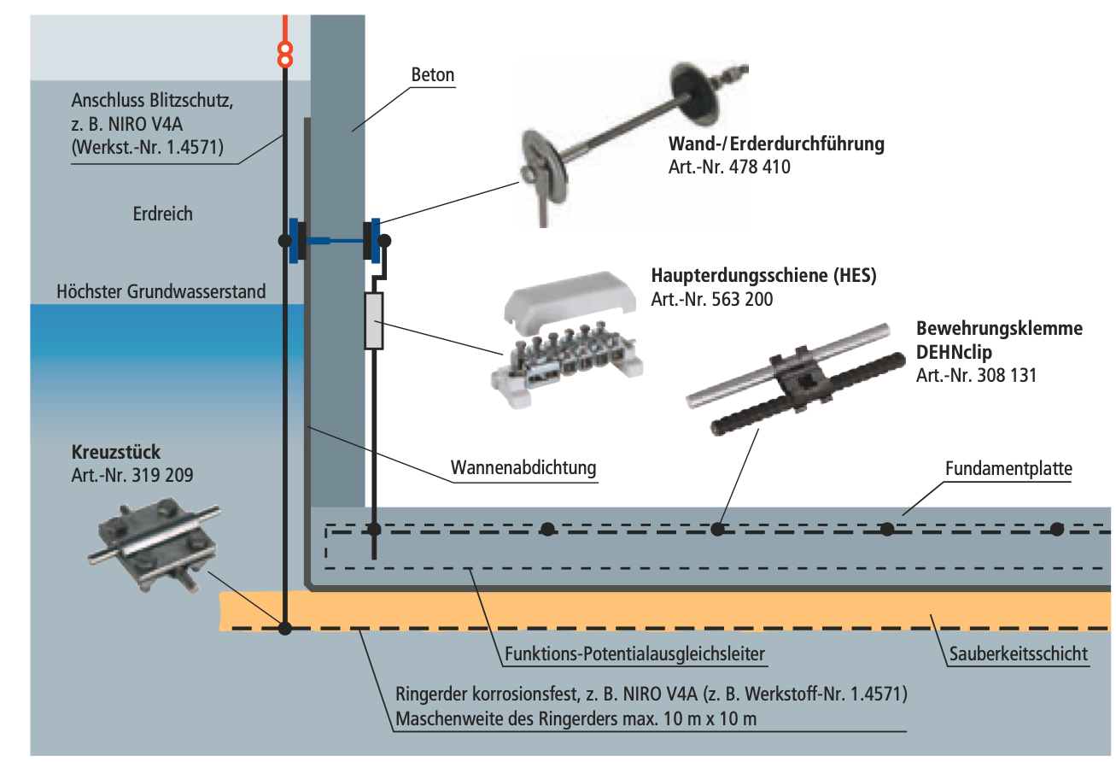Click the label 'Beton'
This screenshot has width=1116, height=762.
[433, 75]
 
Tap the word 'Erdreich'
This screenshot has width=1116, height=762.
[162, 214]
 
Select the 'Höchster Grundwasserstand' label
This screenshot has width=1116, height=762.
[161, 291]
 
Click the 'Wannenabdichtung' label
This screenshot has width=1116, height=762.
[523, 468]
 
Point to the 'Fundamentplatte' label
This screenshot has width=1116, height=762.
[1008, 468]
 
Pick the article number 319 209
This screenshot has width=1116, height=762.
[132, 475]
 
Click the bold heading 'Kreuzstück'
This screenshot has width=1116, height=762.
[116, 452]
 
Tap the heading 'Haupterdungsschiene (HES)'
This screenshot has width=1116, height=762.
[763, 276]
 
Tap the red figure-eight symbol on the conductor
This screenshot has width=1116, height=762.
[286, 55]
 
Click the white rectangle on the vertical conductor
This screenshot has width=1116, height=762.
[373, 320]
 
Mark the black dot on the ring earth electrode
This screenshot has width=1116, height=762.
[285, 629]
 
